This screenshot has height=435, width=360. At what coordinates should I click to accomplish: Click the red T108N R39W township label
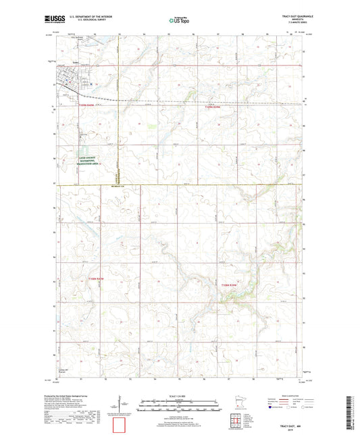pos(230,286)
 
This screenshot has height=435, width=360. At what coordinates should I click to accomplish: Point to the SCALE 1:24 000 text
pos(179,396)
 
